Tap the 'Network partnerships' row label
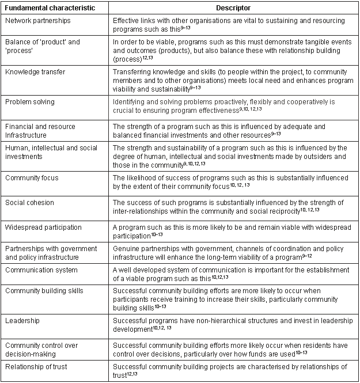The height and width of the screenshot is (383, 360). [37, 20]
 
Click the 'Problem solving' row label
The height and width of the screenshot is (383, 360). [30, 102]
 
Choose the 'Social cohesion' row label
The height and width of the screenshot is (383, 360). [30, 202]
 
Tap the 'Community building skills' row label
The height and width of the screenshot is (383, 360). [47, 290]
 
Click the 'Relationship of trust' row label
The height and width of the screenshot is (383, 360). [36, 367]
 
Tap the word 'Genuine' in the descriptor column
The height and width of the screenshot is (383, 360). [126, 247]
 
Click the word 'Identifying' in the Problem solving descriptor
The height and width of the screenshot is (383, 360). [129, 102]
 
